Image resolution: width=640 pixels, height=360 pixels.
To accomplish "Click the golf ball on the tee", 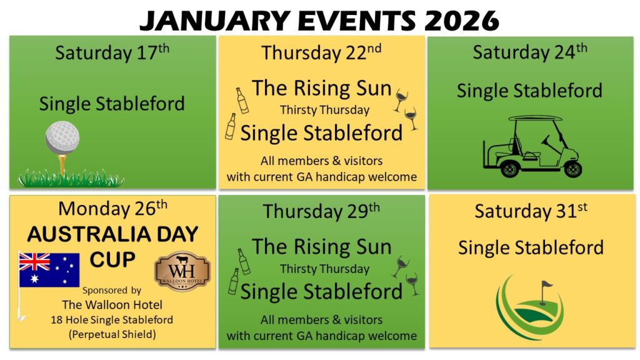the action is tap(62, 137).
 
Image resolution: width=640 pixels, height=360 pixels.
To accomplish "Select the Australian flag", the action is tap(49, 270).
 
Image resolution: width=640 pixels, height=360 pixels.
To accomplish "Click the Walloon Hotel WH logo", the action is tap(182, 271).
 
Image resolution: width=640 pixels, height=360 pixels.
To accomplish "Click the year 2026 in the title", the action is tap(462, 21).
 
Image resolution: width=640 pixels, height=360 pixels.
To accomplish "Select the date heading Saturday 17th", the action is tap(112, 52).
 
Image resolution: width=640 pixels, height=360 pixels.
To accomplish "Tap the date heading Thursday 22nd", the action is tap(321, 52).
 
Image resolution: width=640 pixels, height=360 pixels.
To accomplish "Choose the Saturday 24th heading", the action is tap(530, 52).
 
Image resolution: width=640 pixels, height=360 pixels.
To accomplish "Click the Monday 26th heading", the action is tap(112, 208).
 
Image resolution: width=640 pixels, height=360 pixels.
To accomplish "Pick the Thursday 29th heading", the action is tap(321, 211).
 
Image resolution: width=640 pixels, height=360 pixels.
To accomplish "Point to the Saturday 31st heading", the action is tap(531, 211).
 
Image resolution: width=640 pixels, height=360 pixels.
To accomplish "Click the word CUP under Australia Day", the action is tap(112, 259).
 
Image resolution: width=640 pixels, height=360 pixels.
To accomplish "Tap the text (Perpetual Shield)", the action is tap(112, 335).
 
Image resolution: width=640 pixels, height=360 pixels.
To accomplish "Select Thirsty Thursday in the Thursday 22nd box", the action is tap(324, 110).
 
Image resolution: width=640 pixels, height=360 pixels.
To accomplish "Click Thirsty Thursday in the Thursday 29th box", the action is tap(324, 269).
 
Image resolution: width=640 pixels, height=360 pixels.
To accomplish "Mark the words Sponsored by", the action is tap(112, 290).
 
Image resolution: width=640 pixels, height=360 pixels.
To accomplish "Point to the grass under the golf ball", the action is tap(71, 179).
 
